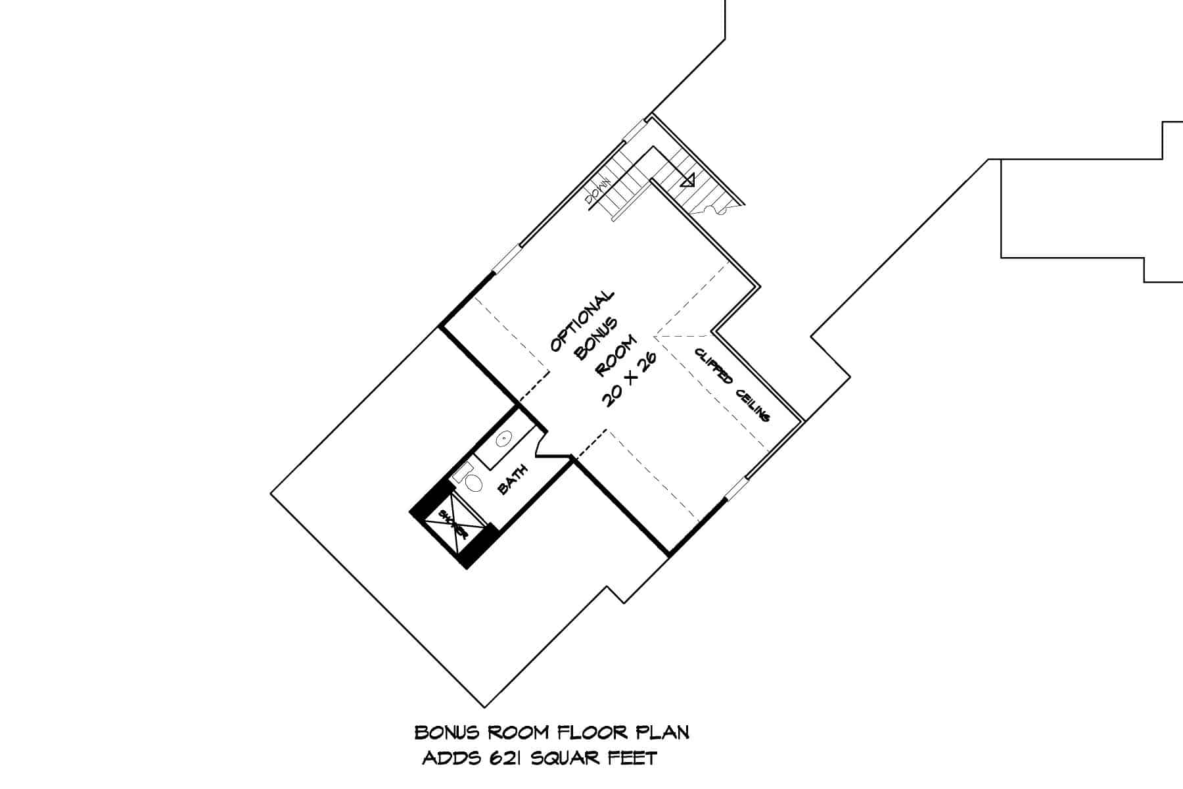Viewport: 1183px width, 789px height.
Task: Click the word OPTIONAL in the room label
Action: tap(582, 322)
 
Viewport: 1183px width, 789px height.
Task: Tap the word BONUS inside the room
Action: tap(597, 339)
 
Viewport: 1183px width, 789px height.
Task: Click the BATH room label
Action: tap(513, 479)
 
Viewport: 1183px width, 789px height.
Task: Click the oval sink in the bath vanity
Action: tap(504, 438)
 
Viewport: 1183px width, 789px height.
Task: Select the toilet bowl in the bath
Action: tap(473, 483)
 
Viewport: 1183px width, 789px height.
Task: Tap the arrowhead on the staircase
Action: tap(688, 179)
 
